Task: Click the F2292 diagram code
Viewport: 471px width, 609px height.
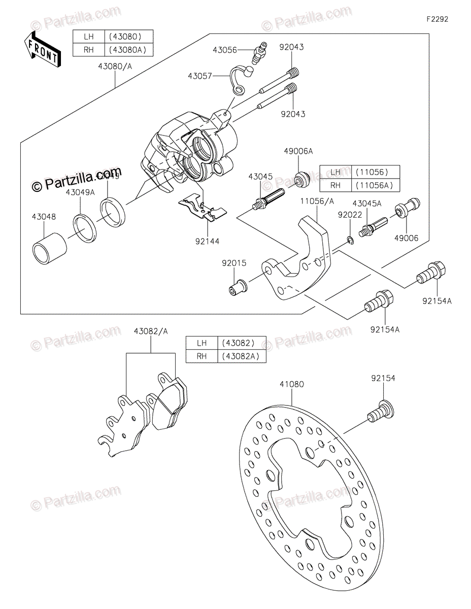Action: coord(437,20)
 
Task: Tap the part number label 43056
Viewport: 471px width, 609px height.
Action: coord(225,50)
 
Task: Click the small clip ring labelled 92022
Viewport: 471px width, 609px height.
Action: coord(350,240)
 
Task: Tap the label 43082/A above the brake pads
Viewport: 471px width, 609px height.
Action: coord(151,331)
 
